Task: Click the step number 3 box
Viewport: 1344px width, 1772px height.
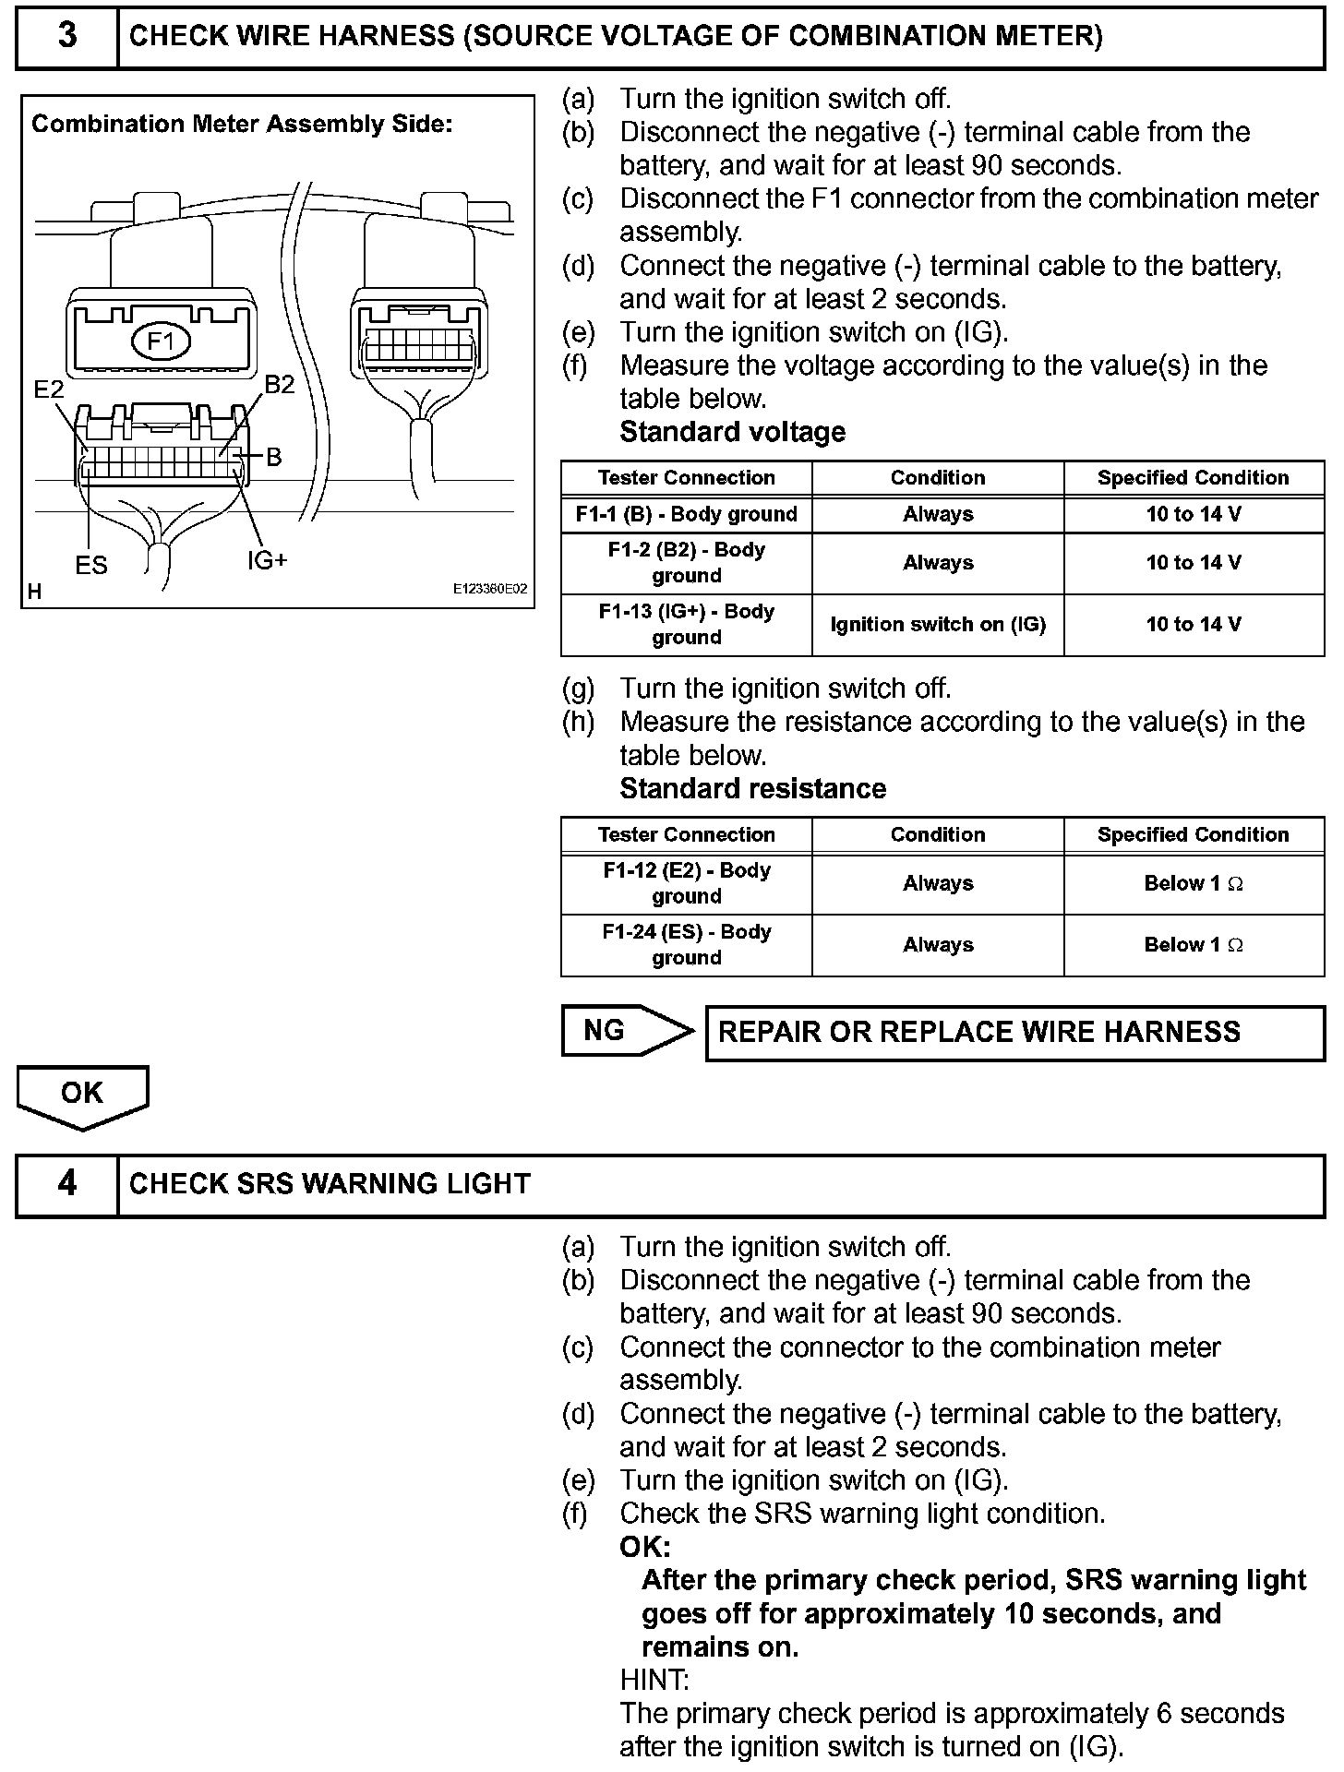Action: coord(67,37)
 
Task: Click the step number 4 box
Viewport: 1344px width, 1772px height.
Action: coord(67,1184)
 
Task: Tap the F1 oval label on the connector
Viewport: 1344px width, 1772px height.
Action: coord(162,342)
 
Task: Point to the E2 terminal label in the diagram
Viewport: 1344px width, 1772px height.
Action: coord(49,389)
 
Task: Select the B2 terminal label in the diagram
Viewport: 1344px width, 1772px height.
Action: coord(279,385)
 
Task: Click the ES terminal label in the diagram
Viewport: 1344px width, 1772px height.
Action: coord(91,565)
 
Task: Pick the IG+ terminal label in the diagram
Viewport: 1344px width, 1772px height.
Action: coord(268,560)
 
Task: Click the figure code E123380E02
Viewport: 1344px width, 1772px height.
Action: coord(489,589)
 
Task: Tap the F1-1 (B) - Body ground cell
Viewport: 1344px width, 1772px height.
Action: coord(686,514)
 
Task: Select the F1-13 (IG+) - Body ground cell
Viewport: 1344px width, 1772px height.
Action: coord(686,624)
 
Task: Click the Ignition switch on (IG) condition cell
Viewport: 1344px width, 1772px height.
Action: coord(938,624)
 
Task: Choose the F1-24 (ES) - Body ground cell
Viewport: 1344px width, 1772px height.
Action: coord(686,944)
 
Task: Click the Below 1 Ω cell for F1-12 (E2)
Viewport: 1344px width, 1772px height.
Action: coord(1194,883)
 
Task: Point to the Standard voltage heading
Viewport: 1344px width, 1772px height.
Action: coord(732,432)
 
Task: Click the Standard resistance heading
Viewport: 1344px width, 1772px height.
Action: coord(752,788)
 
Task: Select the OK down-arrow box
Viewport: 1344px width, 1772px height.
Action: coord(82,1095)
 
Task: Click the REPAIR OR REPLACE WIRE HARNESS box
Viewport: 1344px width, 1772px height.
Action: coord(1014,1032)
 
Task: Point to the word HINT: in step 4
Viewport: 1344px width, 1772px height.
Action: coord(654,1680)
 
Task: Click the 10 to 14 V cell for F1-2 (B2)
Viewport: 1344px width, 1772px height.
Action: coord(1194,562)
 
